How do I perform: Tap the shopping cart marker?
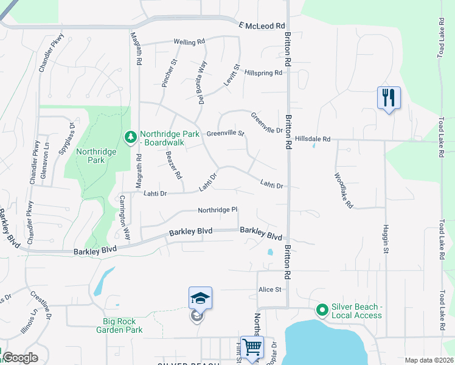251,347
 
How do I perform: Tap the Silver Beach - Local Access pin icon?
322,310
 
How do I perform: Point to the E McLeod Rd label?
262,26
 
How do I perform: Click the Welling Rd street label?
189,42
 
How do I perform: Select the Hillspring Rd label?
264,72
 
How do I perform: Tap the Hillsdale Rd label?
312,139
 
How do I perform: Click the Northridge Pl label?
217,210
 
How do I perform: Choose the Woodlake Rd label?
344,190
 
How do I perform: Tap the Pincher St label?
168,74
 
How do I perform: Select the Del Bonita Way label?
203,82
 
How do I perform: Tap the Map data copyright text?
428,360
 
